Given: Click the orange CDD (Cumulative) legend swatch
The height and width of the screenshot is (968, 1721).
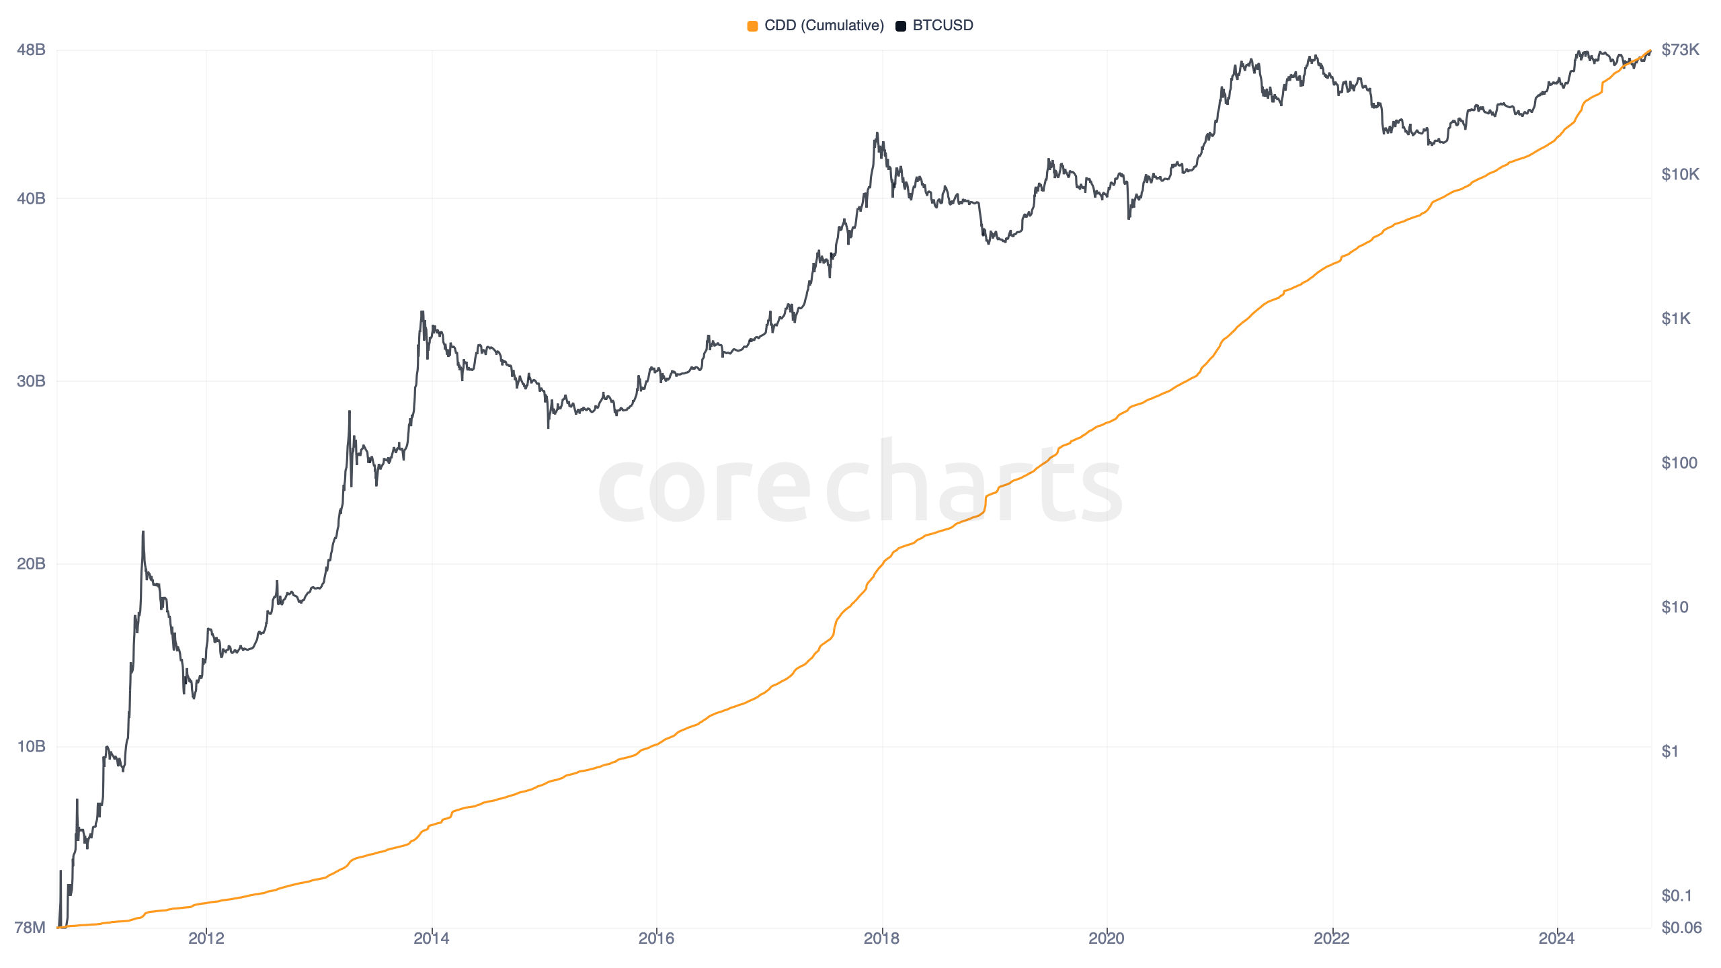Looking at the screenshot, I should tap(752, 26).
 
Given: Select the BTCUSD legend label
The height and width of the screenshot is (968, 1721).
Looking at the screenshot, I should tap(943, 26).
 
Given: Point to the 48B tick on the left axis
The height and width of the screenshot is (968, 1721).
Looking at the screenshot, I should tap(31, 50).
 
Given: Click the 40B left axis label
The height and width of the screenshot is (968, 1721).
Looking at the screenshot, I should tap(31, 198).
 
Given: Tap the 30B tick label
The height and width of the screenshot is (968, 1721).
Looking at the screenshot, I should tap(31, 381).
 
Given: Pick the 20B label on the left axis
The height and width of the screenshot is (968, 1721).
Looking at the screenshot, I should tap(31, 563).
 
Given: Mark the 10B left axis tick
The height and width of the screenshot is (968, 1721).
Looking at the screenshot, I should tap(31, 746).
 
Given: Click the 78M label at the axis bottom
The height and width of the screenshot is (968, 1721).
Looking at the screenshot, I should tap(30, 928).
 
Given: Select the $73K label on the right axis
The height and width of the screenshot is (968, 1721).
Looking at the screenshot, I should tap(1680, 50).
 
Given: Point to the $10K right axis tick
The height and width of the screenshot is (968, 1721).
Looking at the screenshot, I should tap(1680, 175).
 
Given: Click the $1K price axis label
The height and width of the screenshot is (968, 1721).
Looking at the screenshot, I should tap(1676, 319).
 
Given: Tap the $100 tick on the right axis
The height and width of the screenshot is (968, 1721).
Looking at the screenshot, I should tap(1679, 462).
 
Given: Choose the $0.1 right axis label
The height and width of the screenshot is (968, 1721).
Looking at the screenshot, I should tap(1676, 895).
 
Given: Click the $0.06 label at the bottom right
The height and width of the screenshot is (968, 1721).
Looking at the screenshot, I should tap(1681, 928).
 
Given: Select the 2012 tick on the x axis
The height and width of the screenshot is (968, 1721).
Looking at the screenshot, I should tap(206, 938).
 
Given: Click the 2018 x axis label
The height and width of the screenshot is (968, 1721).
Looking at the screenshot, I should tap(881, 938).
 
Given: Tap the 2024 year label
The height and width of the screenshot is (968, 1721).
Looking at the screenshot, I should tap(1556, 938).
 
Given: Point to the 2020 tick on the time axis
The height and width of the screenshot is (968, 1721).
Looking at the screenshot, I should tap(1107, 938).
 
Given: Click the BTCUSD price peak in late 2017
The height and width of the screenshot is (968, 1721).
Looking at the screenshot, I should tap(877, 134).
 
